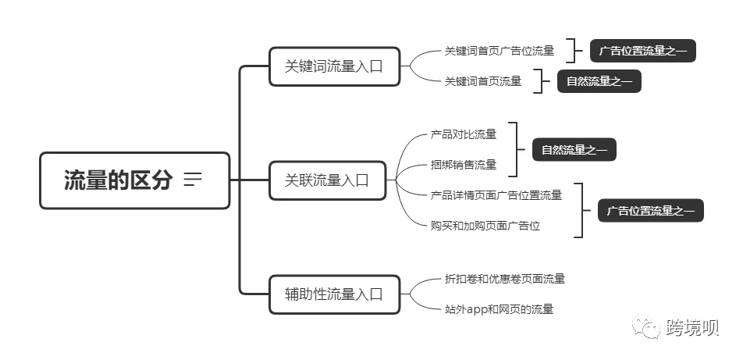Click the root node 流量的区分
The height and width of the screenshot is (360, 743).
118,180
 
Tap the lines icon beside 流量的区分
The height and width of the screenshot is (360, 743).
193,180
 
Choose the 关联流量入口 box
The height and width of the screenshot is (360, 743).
327,180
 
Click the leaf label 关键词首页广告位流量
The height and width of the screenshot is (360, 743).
499,51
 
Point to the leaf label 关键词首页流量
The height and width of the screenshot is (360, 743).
483,81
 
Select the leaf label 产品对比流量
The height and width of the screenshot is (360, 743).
464,134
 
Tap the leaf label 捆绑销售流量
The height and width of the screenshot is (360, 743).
464,165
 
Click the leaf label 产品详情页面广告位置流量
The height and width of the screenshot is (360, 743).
496,195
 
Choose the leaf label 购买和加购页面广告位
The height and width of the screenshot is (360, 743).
485,226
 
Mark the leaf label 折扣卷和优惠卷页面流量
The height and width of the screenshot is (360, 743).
505,279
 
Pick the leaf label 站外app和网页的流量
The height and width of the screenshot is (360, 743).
499,309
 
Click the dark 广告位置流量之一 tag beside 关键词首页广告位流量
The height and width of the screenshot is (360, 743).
642,52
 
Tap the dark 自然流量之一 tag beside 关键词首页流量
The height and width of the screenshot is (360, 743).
599,81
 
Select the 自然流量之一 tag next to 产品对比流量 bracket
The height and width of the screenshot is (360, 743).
574,150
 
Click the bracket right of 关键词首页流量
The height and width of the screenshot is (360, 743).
539,81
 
